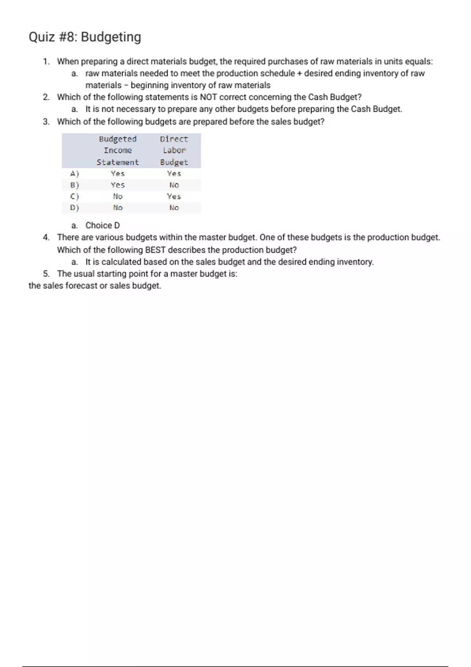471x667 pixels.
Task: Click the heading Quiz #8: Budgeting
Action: click(x=85, y=37)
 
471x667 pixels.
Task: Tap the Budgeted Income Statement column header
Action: click(x=118, y=151)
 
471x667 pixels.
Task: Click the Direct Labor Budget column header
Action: click(x=174, y=151)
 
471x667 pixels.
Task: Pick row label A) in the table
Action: click(x=74, y=174)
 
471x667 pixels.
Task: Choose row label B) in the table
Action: click(x=74, y=185)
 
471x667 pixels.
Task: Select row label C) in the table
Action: click(x=74, y=197)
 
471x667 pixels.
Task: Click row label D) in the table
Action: click(x=74, y=208)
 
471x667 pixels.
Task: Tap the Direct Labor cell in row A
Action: click(x=174, y=174)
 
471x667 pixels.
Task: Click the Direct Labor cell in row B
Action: click(x=174, y=185)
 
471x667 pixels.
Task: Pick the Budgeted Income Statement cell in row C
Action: click(x=118, y=197)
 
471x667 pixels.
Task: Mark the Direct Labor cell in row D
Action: click(x=174, y=208)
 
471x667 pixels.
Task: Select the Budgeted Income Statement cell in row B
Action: click(x=118, y=185)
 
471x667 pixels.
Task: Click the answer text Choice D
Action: click(x=102, y=226)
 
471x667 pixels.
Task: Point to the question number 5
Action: click(x=46, y=274)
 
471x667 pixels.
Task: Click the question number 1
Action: click(x=46, y=62)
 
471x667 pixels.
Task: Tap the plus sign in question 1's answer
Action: click(x=299, y=73)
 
